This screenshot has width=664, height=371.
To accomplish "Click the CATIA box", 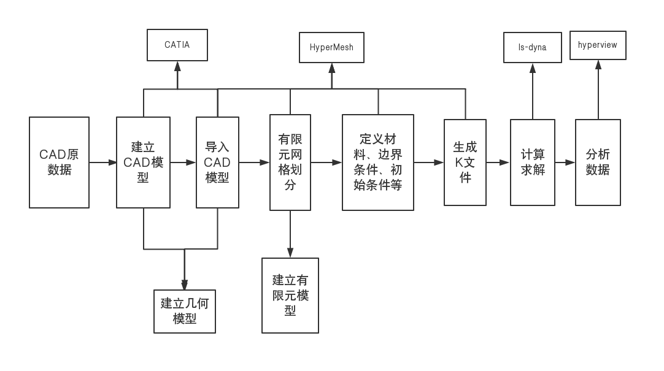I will [177, 45].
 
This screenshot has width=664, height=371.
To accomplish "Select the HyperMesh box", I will [331, 47].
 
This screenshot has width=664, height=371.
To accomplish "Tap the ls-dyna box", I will [532, 47].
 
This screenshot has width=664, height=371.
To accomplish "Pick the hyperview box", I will [598, 45].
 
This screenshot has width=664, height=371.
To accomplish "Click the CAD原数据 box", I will [59, 163].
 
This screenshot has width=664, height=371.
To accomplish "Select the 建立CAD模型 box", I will [143, 163].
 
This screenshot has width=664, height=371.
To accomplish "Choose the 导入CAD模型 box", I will [217, 163].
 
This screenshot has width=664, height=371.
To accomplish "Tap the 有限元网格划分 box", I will [290, 163].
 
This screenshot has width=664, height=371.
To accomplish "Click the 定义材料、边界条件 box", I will [378, 163].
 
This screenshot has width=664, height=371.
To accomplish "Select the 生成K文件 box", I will [465, 163].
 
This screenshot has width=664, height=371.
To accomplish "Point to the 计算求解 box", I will [533, 163].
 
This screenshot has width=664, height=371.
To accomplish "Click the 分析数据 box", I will [598, 163].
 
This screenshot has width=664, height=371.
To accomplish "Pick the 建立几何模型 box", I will [184, 311].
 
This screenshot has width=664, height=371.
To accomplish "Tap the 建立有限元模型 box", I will [290, 296].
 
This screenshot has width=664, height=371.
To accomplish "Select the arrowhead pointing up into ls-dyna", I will [533, 68].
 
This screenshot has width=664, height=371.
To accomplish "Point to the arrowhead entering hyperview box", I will [598, 65].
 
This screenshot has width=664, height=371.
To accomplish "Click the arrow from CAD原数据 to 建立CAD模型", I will [102, 163].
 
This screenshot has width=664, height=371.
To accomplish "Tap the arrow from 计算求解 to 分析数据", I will [565, 163].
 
